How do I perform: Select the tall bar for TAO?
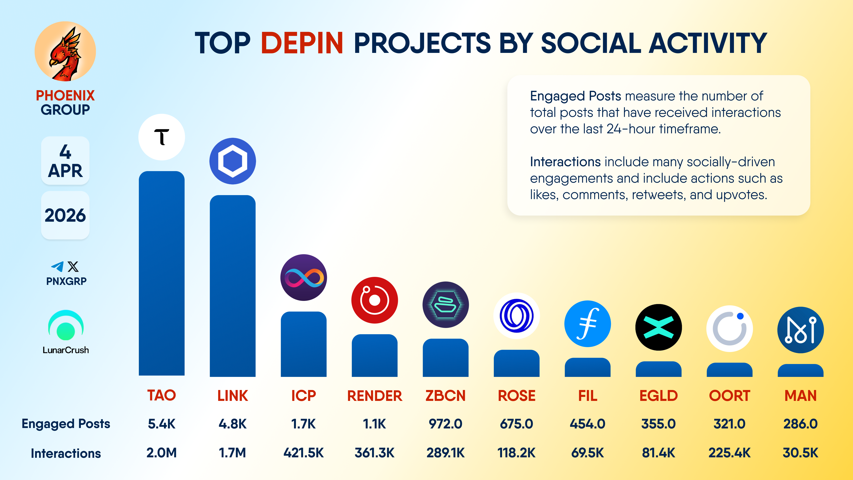161,273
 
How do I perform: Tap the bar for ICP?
303,344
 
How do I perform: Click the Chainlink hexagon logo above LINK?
232,161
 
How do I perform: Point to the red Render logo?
375,300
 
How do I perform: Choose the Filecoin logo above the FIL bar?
587,324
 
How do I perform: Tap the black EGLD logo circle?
658,327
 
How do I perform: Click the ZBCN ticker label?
445,396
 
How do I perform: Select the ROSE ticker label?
516,396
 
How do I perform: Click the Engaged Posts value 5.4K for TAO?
161,424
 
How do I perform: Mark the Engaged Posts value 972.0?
445,424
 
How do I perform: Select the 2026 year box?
65,215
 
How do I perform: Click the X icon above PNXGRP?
73,266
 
